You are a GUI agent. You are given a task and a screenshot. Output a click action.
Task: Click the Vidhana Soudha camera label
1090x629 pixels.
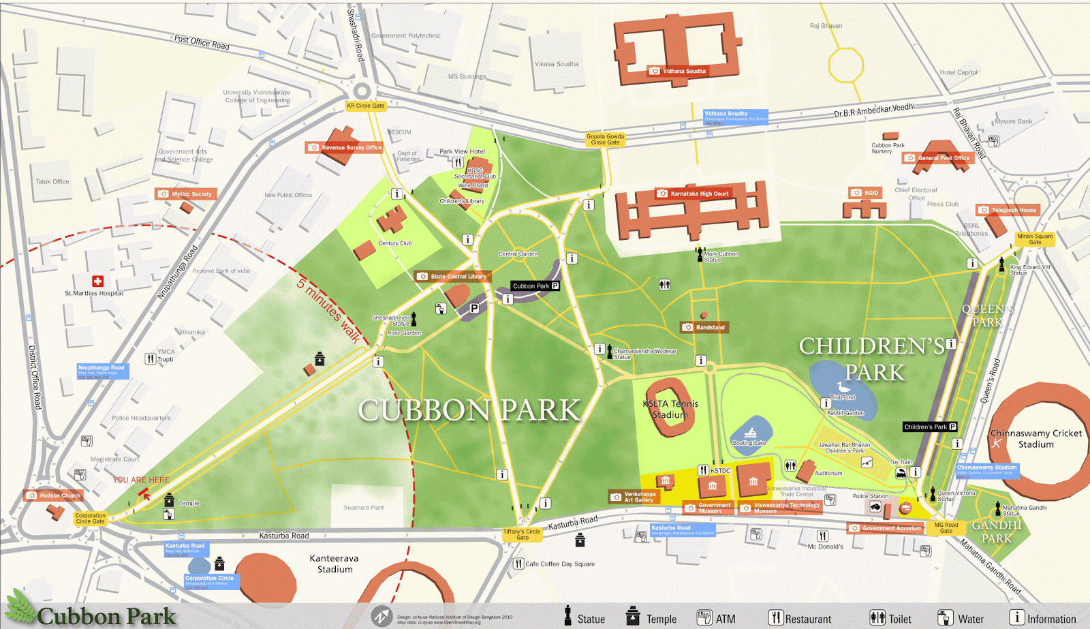678,71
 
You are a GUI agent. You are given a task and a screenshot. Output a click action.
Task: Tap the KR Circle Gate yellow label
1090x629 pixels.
366,106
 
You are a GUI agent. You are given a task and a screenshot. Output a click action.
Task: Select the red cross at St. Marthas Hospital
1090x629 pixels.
97,281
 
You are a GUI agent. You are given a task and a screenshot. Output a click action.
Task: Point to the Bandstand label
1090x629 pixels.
704,327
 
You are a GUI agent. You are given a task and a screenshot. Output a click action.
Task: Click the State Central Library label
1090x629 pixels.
452,276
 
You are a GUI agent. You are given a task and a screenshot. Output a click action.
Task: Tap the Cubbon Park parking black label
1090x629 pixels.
535,286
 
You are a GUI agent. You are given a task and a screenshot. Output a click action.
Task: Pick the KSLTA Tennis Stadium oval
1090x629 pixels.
670,409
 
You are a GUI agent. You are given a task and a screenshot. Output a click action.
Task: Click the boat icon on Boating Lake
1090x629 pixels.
750,433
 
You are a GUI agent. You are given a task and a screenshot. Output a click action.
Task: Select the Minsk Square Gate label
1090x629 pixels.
1035,239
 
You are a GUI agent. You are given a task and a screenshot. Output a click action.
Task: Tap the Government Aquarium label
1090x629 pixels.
886,528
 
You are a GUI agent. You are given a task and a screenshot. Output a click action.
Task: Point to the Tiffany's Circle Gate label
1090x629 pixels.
522,534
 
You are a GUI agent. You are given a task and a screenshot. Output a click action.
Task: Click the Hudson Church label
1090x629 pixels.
54,495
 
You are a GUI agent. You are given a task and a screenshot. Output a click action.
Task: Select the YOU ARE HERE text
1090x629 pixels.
141,480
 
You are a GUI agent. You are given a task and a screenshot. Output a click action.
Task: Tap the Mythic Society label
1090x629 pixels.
185,194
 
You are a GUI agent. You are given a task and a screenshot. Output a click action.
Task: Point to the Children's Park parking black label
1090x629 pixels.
930,427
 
